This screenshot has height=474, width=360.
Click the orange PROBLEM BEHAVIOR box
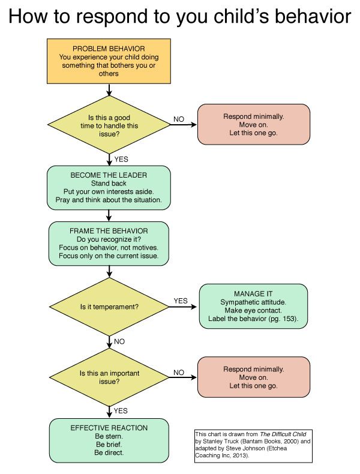(109, 61)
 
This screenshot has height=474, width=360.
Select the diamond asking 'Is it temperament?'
(109, 307)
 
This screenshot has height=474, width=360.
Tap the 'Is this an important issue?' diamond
(109, 377)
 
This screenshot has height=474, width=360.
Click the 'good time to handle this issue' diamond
(109, 125)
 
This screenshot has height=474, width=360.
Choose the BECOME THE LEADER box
(109, 188)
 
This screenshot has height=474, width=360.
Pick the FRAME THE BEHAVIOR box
(109, 244)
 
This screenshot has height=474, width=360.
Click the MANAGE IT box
(253, 306)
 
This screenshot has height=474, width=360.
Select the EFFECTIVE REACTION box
(109, 440)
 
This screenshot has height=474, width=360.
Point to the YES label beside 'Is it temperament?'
(181, 301)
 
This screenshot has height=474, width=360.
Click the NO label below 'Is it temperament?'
(119, 341)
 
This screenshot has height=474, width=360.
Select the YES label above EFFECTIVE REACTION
(121, 411)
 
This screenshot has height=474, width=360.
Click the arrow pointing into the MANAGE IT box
(183, 307)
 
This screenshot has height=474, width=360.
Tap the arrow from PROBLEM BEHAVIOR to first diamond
(109, 90)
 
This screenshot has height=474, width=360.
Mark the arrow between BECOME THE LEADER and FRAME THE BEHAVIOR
(109, 215)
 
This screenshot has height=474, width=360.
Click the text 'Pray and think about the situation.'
(109, 200)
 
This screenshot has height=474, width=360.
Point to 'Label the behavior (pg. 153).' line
(253, 319)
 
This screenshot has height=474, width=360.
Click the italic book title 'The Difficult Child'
(283, 434)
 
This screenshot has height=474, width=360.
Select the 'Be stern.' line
(109, 436)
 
